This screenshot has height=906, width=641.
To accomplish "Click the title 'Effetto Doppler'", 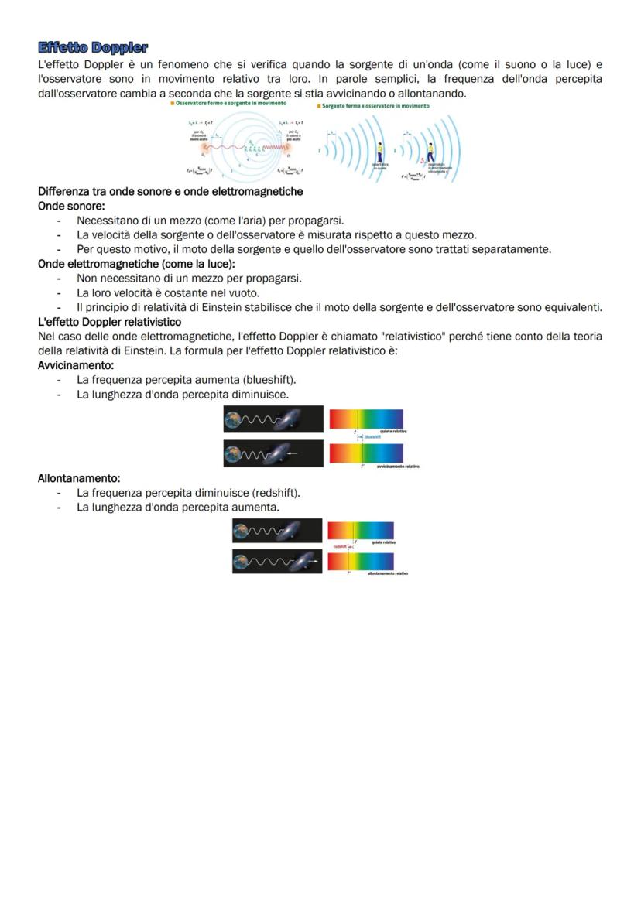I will (93, 48).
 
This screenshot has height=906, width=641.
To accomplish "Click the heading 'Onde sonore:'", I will (71, 207).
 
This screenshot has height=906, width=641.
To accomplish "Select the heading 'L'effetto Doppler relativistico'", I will (109, 321).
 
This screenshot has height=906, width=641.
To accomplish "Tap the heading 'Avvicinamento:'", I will (76, 365).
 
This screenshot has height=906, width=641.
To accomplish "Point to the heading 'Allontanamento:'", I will (78, 478).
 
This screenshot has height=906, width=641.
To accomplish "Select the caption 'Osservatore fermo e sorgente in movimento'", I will (230, 103).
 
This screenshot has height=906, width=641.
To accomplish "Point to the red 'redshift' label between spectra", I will (339, 546).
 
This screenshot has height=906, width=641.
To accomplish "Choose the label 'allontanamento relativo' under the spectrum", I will (387, 573).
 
